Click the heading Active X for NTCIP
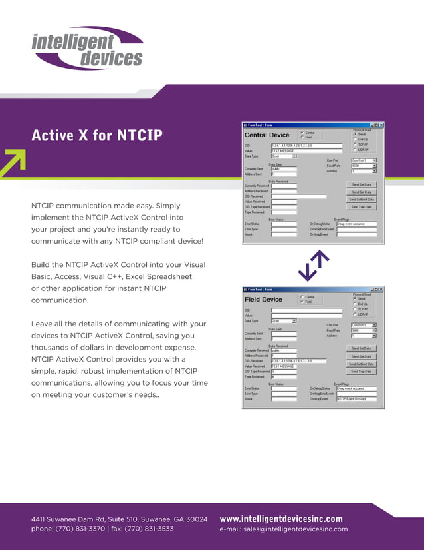[97, 135]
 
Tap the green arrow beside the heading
[13, 163]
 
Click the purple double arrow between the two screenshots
[314, 265]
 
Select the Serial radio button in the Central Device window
[356, 134]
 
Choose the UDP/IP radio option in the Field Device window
[356, 314]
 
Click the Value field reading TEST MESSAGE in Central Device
[306, 151]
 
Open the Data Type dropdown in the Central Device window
[294, 156]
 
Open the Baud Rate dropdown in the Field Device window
[374, 330]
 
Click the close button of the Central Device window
[381, 125]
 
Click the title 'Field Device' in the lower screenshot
[263, 300]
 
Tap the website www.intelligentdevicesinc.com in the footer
[281, 519]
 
